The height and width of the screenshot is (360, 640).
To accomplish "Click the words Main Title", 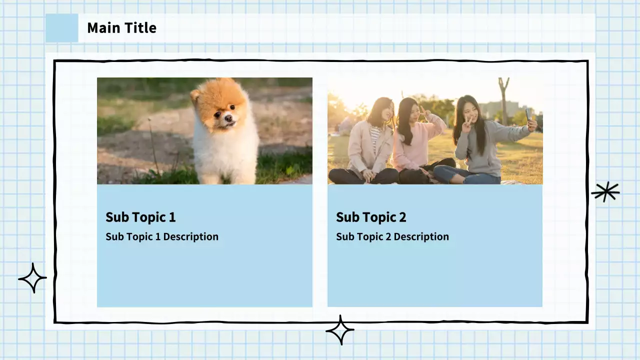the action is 121,28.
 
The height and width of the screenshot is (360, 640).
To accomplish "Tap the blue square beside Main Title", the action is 61,28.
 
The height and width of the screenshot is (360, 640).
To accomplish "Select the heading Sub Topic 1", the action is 140,217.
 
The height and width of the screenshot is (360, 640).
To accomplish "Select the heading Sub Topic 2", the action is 371,217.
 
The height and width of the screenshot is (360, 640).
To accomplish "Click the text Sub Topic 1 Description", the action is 162,236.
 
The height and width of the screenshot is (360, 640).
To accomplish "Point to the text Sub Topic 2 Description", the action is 392,236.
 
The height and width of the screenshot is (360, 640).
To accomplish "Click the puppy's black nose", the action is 228,117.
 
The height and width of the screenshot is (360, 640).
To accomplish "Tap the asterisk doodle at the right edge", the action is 605,192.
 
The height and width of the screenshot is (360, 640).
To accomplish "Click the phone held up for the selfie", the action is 528,114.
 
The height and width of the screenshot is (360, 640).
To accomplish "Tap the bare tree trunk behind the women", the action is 503,103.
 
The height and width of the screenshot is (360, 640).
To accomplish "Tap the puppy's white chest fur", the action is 225,148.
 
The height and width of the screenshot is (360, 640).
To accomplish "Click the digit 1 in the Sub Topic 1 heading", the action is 172,217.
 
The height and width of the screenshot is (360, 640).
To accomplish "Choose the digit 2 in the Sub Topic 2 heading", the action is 402,217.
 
